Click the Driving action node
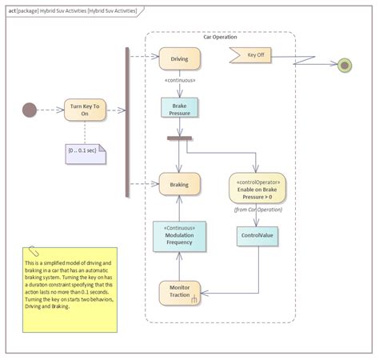(x=179, y=58)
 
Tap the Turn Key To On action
(x=85, y=110)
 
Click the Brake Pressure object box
(x=179, y=109)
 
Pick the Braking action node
(x=179, y=184)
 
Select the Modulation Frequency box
(x=179, y=236)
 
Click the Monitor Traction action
(x=179, y=292)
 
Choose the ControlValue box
(x=257, y=236)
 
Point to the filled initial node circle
(x=30, y=110)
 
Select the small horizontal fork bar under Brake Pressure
(x=179, y=138)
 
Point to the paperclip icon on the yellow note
(x=32, y=251)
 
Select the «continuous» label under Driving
(x=179, y=80)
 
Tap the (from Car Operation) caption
(x=257, y=210)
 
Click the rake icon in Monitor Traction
(x=193, y=300)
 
